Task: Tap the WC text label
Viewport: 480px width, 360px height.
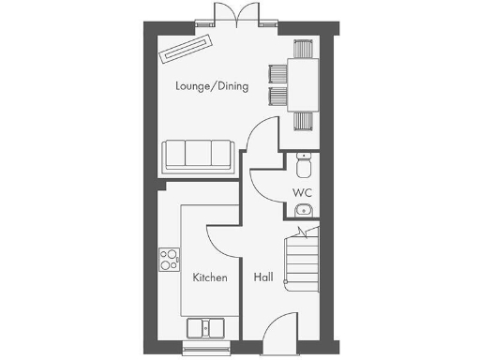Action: point(301,193)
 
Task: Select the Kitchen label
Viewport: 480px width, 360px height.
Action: point(210,278)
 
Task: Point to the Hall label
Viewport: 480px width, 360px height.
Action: point(263,278)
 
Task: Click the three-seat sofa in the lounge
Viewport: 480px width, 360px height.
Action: point(197,155)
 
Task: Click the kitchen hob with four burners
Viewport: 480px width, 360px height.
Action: point(170,258)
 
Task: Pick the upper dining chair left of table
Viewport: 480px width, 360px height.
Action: point(277,72)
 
